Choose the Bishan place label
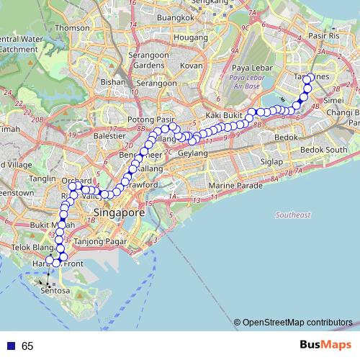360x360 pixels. [114, 83]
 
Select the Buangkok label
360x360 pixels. [176, 17]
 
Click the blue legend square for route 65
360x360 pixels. [9, 346]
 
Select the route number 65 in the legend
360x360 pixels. [27, 346]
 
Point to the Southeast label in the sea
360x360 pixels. [292, 215]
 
